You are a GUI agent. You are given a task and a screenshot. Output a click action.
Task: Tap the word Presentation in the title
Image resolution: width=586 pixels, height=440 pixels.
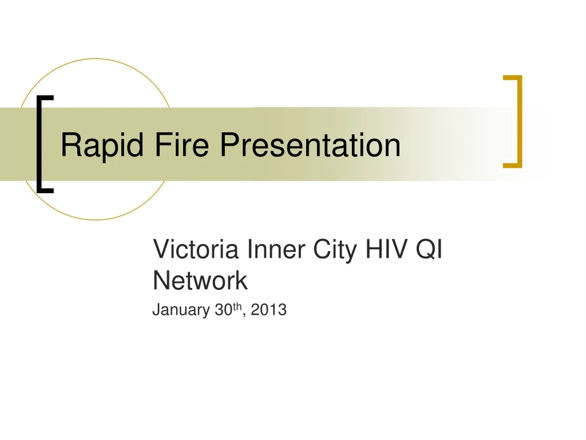coord(310,144)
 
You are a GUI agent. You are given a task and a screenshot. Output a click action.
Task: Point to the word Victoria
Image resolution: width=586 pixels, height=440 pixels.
coord(196,250)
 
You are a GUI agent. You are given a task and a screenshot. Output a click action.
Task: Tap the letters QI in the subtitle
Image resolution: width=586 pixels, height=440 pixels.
coord(433,251)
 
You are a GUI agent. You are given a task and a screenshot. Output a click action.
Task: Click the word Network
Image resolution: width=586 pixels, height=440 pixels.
coord(200,281)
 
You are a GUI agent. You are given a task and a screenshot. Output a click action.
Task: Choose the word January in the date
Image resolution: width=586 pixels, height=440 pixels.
coord(180,311)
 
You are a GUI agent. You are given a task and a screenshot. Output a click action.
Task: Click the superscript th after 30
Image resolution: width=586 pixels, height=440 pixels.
coord(236,307)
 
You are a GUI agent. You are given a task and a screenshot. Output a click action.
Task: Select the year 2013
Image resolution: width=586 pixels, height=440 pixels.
coord(268,310)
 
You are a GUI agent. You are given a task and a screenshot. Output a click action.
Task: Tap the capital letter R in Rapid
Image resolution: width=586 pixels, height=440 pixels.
coord(69,144)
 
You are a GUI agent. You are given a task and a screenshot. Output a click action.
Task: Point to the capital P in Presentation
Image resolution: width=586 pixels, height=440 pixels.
coord(229,144)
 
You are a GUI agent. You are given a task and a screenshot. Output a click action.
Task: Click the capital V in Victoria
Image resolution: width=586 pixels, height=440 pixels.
coord(160,250)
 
